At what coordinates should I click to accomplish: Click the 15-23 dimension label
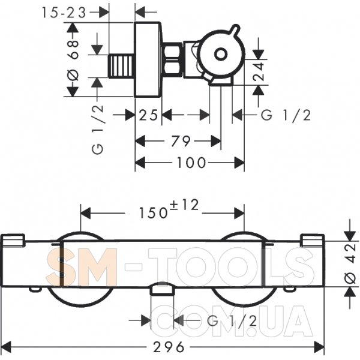click(x=64, y=13)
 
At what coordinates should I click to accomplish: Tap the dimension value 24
click(x=259, y=71)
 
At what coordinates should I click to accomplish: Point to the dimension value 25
click(x=149, y=115)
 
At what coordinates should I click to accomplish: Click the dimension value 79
click(x=181, y=141)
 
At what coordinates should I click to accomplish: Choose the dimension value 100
click(x=191, y=163)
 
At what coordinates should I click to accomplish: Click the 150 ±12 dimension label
click(x=169, y=209)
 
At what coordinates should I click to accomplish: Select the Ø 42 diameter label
click(x=350, y=264)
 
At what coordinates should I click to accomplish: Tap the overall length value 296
click(x=169, y=347)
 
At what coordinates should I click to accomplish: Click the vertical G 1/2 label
click(x=97, y=130)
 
